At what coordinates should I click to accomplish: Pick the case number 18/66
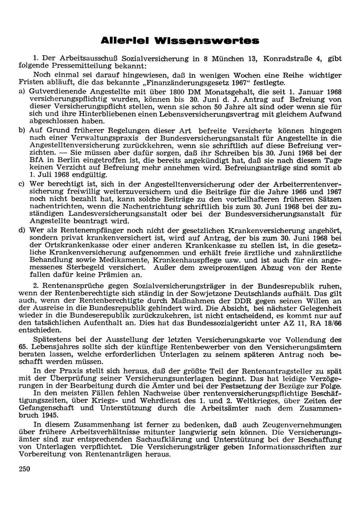coord(332,323)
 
